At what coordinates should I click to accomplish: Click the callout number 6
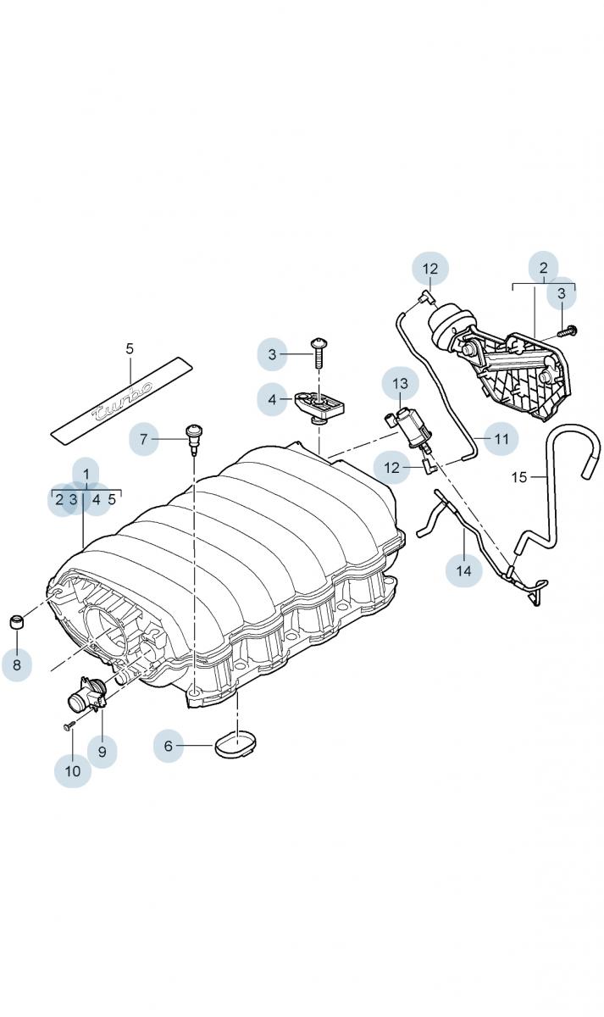[x=168, y=746]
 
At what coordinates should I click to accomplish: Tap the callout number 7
[x=144, y=439]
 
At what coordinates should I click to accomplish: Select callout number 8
[x=16, y=664]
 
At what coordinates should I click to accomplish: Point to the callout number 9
[x=102, y=751]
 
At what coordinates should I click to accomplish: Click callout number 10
[x=73, y=771]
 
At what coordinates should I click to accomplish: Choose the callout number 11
[x=501, y=439]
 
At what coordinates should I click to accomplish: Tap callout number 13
[x=400, y=384]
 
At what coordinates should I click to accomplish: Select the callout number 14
[x=463, y=570]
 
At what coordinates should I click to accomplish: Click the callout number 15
[x=519, y=477]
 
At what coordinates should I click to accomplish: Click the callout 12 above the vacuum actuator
[x=430, y=270]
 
